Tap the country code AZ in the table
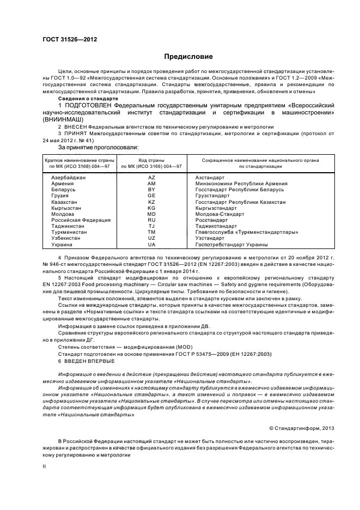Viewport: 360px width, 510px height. point(151,178)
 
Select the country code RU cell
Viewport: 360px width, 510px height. point(151,220)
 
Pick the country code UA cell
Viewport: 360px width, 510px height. point(151,245)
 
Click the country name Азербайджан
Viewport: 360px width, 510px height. point(69,178)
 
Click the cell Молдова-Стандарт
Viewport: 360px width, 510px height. point(216,214)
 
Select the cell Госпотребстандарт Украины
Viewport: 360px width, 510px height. point(231,245)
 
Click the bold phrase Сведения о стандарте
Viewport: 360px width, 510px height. point(91,98)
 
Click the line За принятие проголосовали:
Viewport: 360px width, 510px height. point(98,147)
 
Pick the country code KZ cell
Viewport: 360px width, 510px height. point(151,202)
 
